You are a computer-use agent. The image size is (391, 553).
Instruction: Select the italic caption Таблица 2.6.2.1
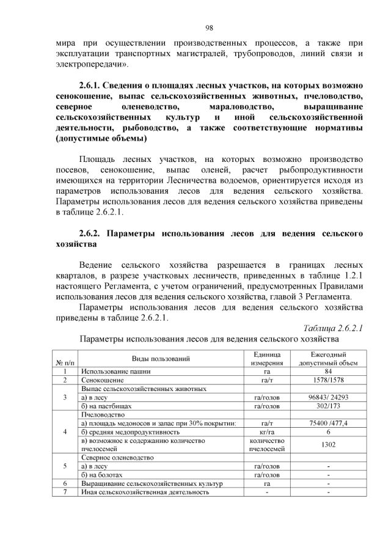tap(333, 328)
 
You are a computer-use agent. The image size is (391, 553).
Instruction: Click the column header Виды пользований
tap(161, 359)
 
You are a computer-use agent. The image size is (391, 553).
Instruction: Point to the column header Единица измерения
tap(266, 359)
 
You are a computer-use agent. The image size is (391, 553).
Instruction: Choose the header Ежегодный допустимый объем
tap(328, 359)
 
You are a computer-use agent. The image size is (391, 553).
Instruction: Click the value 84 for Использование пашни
tap(328, 371)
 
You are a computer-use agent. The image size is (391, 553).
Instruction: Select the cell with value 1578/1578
tap(328, 379)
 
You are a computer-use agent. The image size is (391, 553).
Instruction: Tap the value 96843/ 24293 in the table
tap(328, 397)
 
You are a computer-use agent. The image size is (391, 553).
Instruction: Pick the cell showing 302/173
tap(328, 405)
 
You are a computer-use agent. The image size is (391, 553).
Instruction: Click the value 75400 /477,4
tap(328, 422)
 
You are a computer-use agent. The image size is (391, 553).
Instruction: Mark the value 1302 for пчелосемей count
tap(328, 444)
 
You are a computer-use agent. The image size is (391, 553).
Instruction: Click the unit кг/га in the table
tap(266, 431)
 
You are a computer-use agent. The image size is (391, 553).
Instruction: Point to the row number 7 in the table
tap(64, 491)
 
